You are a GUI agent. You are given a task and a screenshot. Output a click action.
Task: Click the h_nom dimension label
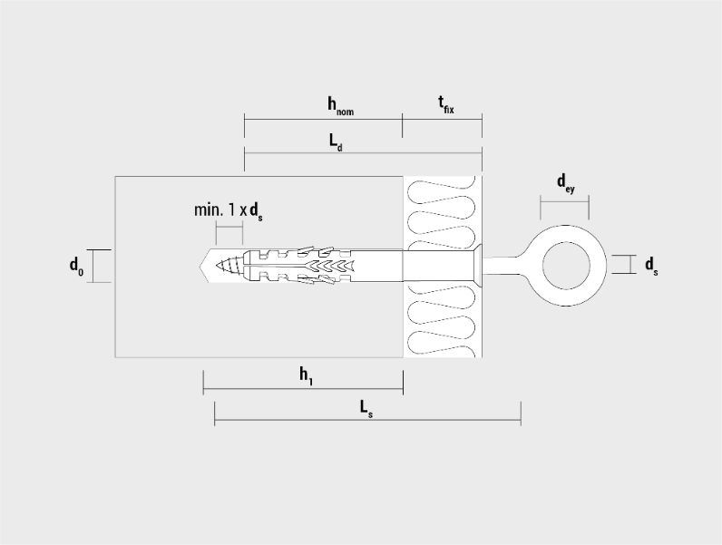pyautogui.click(x=340, y=105)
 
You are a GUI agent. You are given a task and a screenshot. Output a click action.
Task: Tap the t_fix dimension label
pyautogui.click(x=445, y=105)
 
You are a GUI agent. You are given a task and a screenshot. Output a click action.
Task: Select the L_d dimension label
pyautogui.click(x=336, y=142)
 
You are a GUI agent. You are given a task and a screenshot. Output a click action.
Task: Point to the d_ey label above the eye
pyautogui.click(x=565, y=184)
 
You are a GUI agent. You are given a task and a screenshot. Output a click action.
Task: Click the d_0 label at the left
pyautogui.click(x=76, y=266)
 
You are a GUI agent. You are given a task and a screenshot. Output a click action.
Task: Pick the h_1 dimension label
pyautogui.click(x=307, y=375)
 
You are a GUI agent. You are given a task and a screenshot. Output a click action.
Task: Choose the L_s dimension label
pyautogui.click(x=366, y=409)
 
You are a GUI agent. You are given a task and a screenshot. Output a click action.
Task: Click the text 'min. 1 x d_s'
pyautogui.click(x=229, y=211)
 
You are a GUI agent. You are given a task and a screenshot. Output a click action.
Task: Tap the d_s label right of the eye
pyautogui.click(x=651, y=266)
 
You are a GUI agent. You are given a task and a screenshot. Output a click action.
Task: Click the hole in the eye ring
pyautogui.click(x=566, y=266)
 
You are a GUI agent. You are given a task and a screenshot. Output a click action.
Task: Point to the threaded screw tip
pyautogui.click(x=229, y=266)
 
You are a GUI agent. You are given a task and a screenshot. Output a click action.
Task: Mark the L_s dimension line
pyautogui.click(x=367, y=420)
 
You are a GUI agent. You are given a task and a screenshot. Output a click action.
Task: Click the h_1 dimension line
pyautogui.click(x=303, y=388)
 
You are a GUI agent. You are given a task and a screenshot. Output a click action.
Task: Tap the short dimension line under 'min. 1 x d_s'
pyautogui.click(x=229, y=227)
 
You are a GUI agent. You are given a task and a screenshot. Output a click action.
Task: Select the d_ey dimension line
pyautogui.click(x=564, y=201)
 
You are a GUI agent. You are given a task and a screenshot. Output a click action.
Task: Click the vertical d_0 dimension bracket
pyautogui.click(x=93, y=266)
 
